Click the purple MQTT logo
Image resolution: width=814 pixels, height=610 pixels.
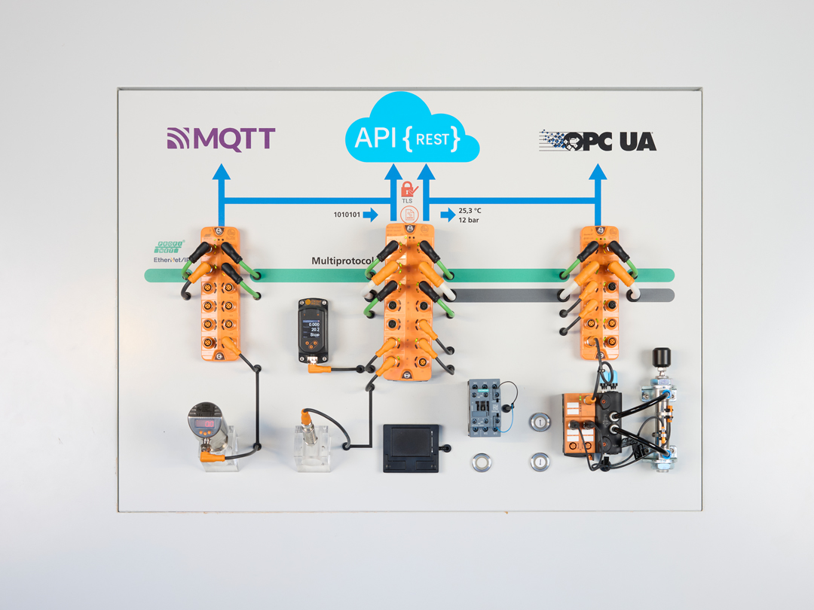[221, 139]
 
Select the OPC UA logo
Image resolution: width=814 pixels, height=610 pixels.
[598, 141]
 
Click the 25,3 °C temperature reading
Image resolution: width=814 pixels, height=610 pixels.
[470, 211]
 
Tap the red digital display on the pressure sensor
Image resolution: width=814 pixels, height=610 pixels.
[204, 425]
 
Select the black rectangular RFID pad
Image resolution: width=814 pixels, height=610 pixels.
[411, 447]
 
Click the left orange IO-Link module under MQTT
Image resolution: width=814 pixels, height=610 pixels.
[221, 294]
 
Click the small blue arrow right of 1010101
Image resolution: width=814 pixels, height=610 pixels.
[370, 215]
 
